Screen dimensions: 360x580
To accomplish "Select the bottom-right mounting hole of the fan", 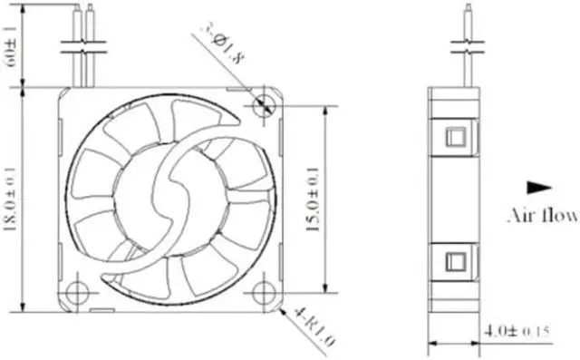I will [x=264, y=293].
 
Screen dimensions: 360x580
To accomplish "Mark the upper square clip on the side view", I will [x=455, y=137].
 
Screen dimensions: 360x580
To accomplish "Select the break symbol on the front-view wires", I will [x=83, y=52].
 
